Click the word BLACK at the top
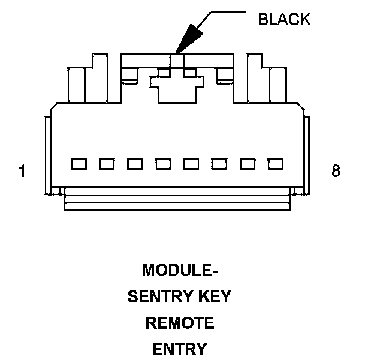284,19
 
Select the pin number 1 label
22,171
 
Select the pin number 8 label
336,170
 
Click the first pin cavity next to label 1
79,164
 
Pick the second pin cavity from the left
107,164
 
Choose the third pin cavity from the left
135,164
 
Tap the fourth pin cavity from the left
163,164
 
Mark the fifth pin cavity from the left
191,164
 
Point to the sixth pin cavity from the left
219,164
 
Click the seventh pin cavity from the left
248,164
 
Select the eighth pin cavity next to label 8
276,164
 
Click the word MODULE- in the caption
180,270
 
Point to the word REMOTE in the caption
180,323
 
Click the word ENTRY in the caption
180,349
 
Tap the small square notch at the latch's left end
129,75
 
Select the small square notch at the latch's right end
224,75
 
